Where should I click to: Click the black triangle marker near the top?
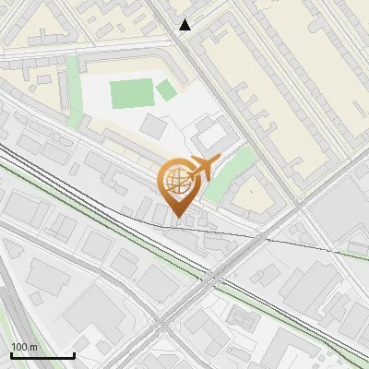[x=185, y=25]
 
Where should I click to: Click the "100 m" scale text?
[x=25, y=347]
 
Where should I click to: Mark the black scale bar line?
[x=42, y=355]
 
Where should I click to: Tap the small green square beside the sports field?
[x=165, y=89]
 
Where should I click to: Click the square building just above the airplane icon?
[x=211, y=136]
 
